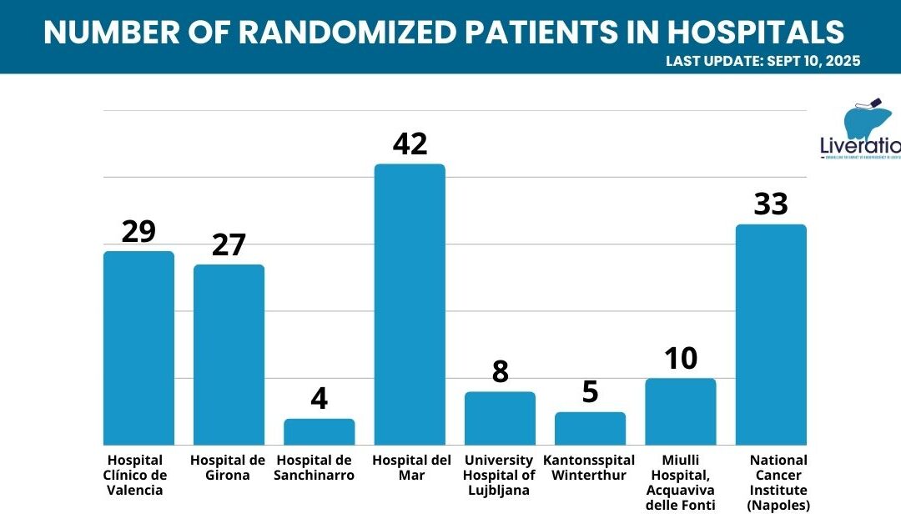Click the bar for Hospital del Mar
pyautogui.click(x=410, y=305)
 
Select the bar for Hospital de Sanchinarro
pyautogui.click(x=320, y=432)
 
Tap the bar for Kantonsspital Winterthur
pyautogui.click(x=590, y=429)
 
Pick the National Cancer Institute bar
pyautogui.click(x=771, y=335)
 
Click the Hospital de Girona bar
pyautogui.click(x=229, y=355)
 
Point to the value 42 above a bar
pyautogui.click(x=410, y=144)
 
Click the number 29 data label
pyautogui.click(x=138, y=231)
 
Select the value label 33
pyautogui.click(x=771, y=204)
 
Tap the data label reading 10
pyautogui.click(x=681, y=359)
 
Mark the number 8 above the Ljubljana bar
pyautogui.click(x=501, y=372)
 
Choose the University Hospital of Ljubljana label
pyautogui.click(x=500, y=475)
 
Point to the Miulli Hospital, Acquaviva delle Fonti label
pyautogui.click(x=680, y=482)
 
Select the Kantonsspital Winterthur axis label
pyautogui.click(x=589, y=467)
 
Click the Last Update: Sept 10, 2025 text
pyautogui.click(x=763, y=61)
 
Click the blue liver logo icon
pyautogui.click(x=869, y=120)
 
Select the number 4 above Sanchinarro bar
pyautogui.click(x=320, y=399)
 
